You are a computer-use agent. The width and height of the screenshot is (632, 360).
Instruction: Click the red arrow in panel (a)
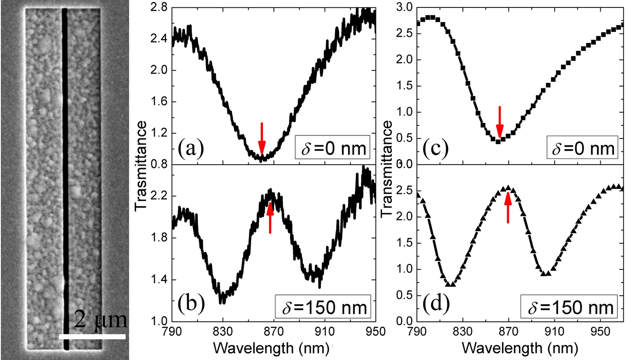262,138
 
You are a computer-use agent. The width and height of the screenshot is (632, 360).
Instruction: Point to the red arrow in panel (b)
270,218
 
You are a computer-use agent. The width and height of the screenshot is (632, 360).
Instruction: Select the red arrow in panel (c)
500,121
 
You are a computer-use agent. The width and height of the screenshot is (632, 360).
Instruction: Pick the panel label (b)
191,306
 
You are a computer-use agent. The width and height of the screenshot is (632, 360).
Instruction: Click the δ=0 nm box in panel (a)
333,150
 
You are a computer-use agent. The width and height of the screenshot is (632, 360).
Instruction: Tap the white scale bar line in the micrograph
92,336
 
